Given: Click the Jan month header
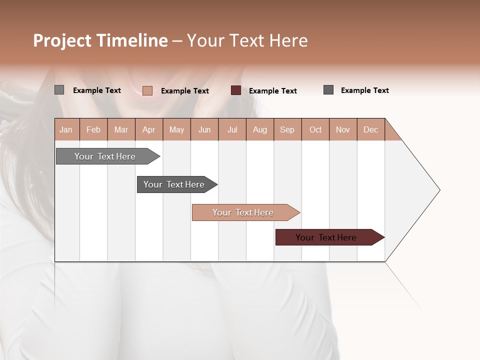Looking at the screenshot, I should [x=66, y=129].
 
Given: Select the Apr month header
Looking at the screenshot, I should [x=148, y=129].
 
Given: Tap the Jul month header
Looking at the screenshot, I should [x=232, y=129].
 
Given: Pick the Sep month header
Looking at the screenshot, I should [x=287, y=129].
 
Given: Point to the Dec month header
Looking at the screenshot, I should [x=370, y=129].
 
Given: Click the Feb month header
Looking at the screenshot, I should [x=93, y=129].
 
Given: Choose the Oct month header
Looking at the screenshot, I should [x=315, y=129].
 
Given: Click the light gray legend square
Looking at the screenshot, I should [x=59, y=90].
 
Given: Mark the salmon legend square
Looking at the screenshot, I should [x=147, y=90].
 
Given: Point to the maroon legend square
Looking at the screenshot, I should [x=236, y=90].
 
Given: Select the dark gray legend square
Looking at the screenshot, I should [x=328, y=90].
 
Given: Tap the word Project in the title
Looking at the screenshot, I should [x=63, y=40].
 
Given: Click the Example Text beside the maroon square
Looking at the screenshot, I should [x=273, y=91].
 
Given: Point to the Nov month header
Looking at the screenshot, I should [x=343, y=129].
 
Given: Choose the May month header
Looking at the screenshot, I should [x=176, y=129].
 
